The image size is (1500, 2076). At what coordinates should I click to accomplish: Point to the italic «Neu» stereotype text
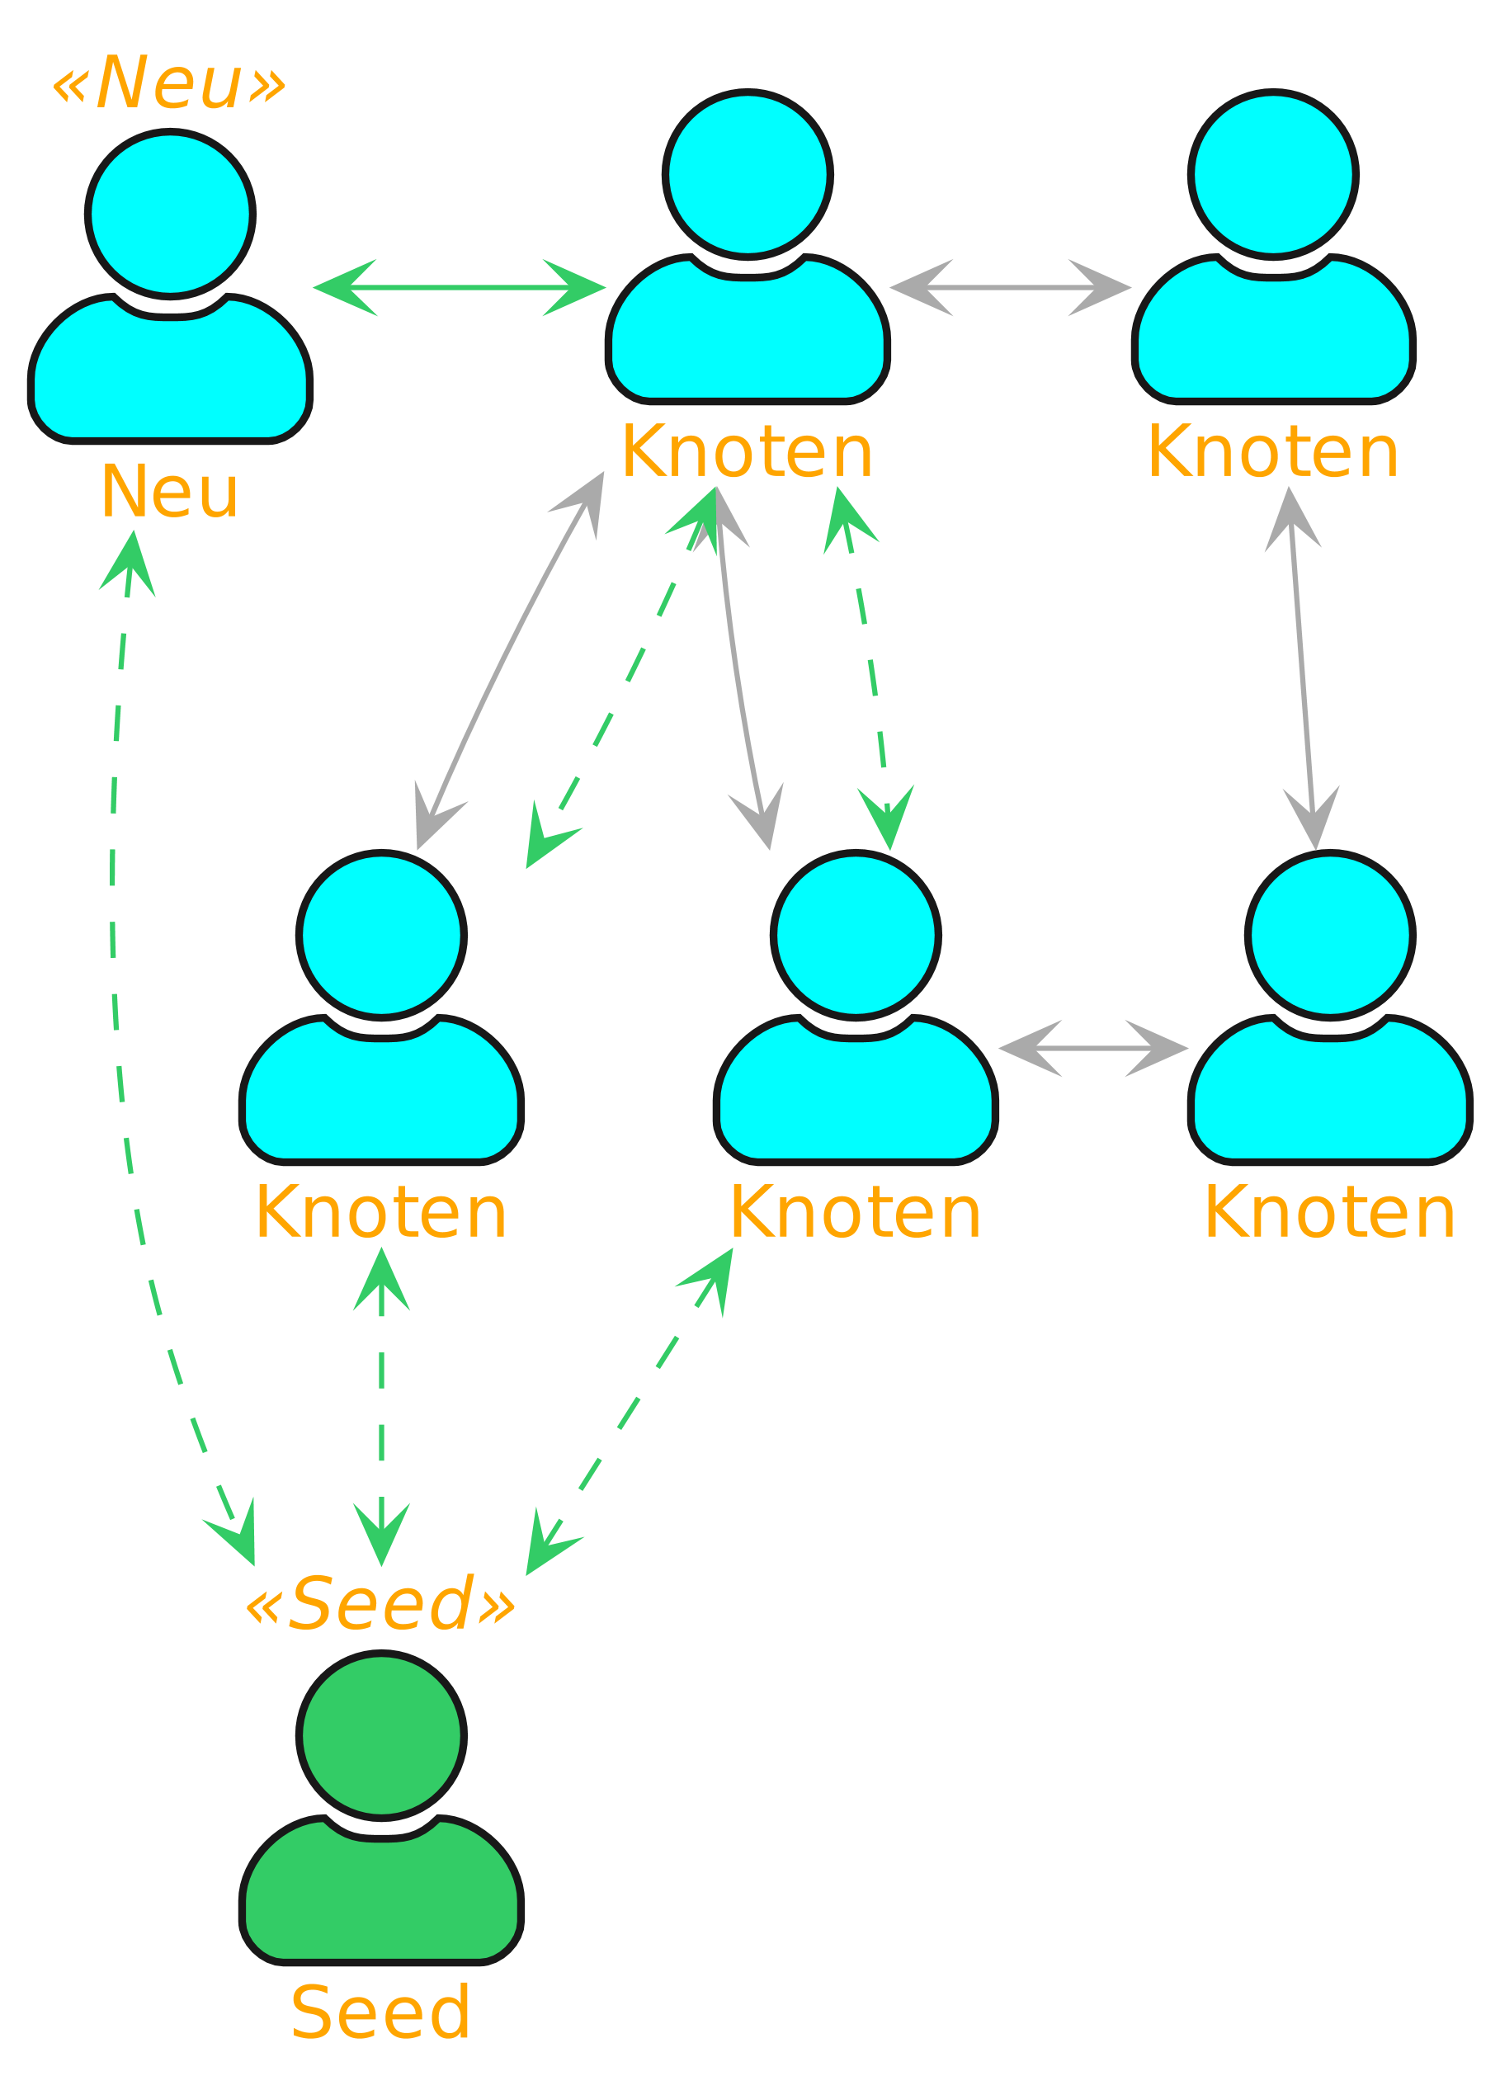click(169, 83)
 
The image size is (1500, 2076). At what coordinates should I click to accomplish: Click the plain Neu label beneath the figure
click(169, 492)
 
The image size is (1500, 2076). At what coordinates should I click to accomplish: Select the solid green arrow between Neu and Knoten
click(459, 287)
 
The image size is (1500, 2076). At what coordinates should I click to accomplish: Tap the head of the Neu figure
click(170, 215)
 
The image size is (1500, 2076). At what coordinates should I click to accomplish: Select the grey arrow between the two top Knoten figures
click(1011, 287)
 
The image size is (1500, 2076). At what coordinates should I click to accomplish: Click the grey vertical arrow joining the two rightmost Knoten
click(1301, 668)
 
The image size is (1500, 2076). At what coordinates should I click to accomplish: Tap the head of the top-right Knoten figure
click(1273, 175)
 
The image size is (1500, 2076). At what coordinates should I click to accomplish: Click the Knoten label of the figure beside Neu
click(747, 452)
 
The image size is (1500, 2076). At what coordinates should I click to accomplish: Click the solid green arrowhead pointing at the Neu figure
click(343, 287)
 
